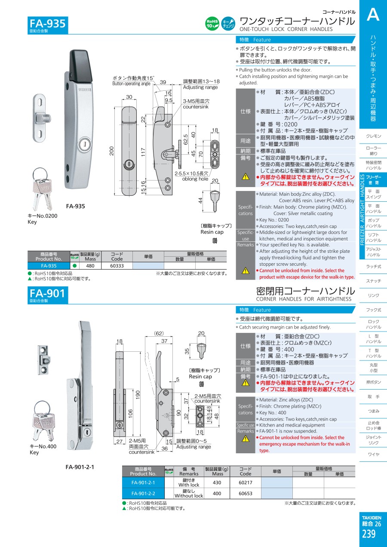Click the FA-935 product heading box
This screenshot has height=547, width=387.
click(48, 25)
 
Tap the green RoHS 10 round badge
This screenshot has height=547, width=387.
click(212, 24)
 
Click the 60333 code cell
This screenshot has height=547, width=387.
click(117, 266)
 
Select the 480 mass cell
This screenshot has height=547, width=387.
click(90, 266)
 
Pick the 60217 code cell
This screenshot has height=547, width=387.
click(246, 482)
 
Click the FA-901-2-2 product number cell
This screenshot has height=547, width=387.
click(143, 493)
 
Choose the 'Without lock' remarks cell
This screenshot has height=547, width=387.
click(189, 493)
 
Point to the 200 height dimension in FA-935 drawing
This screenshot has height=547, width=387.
click(111, 151)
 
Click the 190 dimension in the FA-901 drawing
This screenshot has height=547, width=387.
click(138, 395)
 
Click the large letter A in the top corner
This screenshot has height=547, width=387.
click(373, 14)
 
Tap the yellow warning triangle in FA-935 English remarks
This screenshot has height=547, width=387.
click(246, 270)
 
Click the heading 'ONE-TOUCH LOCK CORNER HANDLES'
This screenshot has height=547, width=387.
click(286, 29)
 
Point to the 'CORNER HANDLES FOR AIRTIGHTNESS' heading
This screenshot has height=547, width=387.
click(304, 299)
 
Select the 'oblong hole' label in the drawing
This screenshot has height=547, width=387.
click(195, 179)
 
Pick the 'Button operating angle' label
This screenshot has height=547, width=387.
click(131, 84)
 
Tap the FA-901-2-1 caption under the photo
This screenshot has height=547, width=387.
click(80, 467)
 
